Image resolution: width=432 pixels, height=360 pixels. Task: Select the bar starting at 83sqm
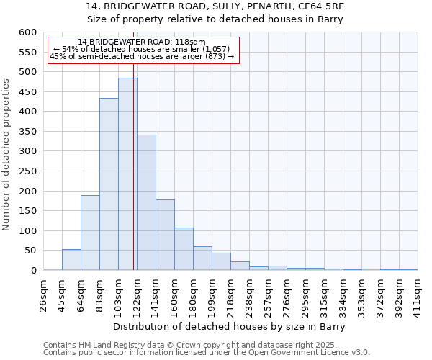pyautogui.click(x=109, y=184)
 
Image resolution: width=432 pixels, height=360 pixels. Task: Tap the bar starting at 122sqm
pyautogui.click(x=146, y=202)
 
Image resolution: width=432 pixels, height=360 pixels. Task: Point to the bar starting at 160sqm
pyautogui.click(x=184, y=249)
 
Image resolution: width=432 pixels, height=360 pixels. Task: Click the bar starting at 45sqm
pyautogui.click(x=71, y=260)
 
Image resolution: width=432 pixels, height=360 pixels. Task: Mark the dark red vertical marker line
pyautogui.click(x=134, y=180)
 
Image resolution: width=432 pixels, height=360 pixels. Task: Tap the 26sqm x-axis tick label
pyautogui.click(x=43, y=293)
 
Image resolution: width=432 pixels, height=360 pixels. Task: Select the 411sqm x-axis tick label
pyautogui.click(x=418, y=294)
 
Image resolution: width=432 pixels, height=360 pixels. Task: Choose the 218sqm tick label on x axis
pyautogui.click(x=230, y=294)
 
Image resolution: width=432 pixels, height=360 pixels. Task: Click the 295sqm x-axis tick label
pyautogui.click(x=305, y=294)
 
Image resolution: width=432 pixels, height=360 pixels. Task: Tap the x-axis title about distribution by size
pyautogui.click(x=230, y=327)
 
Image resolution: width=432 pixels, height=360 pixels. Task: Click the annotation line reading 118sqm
pyautogui.click(x=142, y=42)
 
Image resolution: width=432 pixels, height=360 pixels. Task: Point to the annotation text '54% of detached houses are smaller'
pyautogui.click(x=143, y=49)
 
